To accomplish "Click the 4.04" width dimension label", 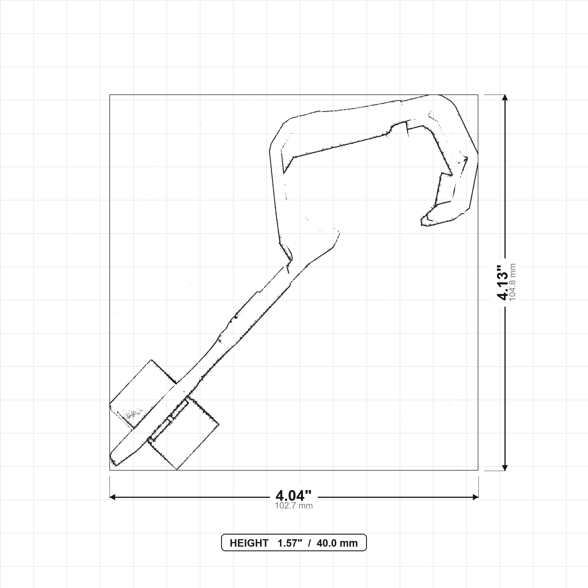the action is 293,496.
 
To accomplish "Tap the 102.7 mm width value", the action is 294,506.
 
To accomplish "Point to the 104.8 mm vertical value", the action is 512,283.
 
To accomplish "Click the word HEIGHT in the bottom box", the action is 249,543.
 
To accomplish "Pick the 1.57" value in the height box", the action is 290,543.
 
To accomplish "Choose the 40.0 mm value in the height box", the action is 337,543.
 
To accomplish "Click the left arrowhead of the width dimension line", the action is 112,497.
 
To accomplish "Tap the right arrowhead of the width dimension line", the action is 475,497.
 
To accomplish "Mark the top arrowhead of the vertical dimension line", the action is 505,97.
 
